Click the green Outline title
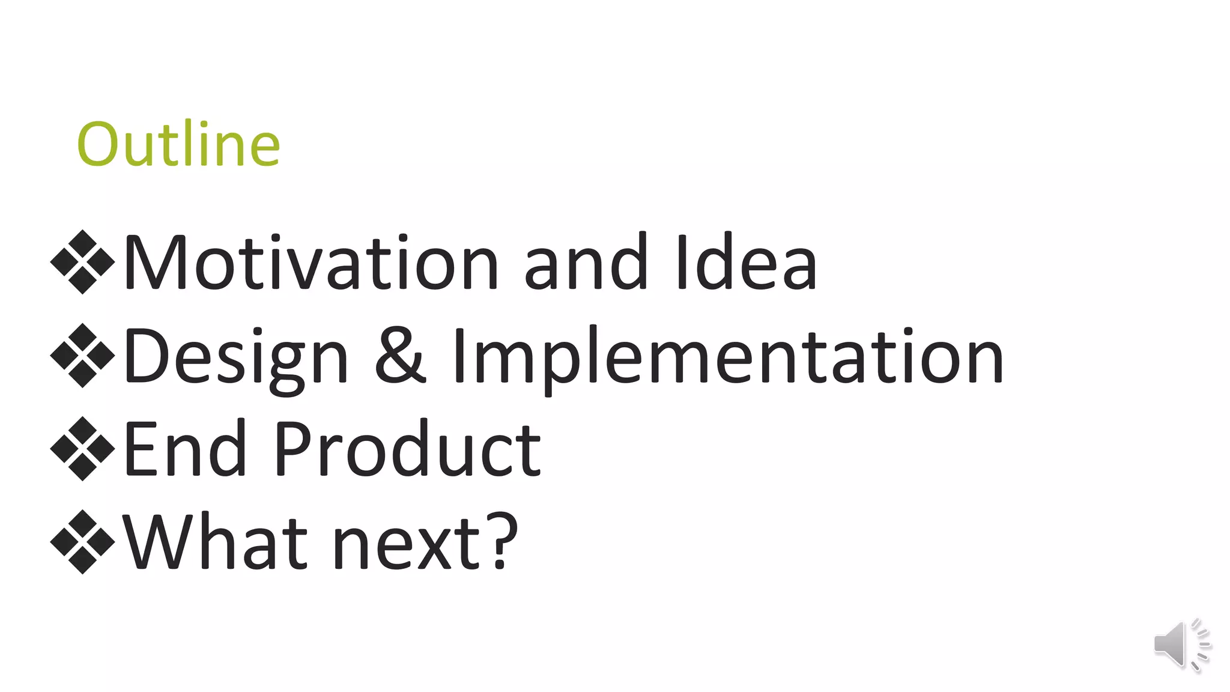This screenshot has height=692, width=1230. pos(178,144)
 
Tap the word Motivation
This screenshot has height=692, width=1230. pos(311,263)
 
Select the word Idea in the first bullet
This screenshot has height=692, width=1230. pos(745,263)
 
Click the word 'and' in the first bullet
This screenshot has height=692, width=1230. pos(586,263)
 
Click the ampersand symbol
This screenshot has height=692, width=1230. pos(400,356)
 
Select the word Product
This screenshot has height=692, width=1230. pos(407,449)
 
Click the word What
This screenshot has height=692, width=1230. pos(215,542)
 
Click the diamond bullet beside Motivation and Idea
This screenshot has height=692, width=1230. pos(82,262)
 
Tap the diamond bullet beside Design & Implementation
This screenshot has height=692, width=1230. pos(82,356)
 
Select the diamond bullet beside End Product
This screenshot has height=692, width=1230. pos(82,449)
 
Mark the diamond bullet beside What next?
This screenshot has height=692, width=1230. pos(82,542)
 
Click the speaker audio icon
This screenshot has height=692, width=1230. pos(1181,644)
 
